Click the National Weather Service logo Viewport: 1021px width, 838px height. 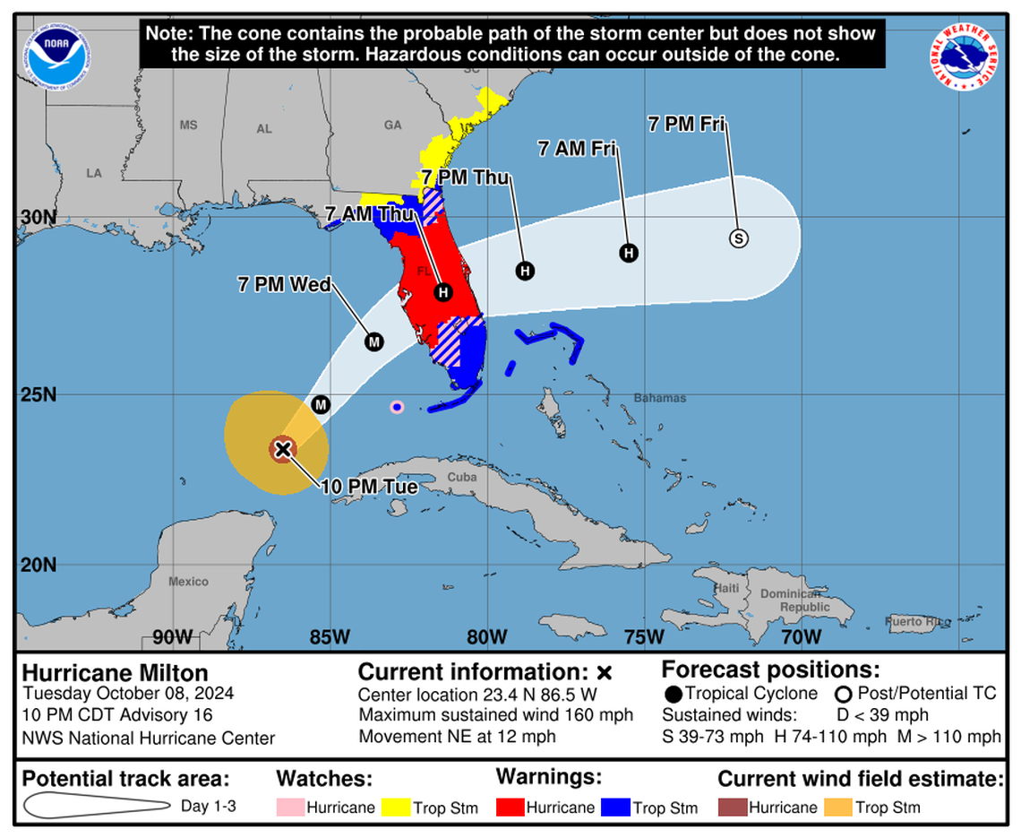click(x=964, y=56)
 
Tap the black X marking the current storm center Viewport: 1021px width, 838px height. click(x=283, y=449)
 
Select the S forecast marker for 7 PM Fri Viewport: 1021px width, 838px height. click(x=739, y=238)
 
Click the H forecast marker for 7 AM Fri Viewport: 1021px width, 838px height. click(x=629, y=253)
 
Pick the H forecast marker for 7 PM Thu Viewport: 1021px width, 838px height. click(x=525, y=271)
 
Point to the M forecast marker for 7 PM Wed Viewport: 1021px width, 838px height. click(x=373, y=341)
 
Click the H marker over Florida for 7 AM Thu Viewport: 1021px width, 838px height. click(x=443, y=292)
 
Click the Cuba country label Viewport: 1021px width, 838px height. click(x=462, y=477)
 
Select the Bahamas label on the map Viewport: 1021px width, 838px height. click(x=660, y=398)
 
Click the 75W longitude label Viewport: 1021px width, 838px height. click(x=644, y=637)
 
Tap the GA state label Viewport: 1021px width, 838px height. click(x=392, y=125)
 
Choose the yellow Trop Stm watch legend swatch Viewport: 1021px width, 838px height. click(x=396, y=808)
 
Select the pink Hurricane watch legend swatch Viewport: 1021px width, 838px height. click(x=290, y=808)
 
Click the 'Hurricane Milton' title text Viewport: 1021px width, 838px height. click(x=115, y=673)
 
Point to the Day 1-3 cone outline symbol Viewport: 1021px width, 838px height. click(x=96, y=806)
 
